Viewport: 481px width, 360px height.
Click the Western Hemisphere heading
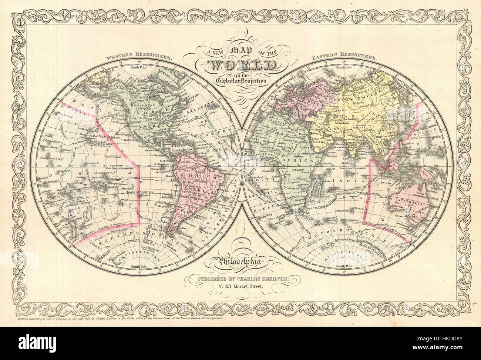[139, 58]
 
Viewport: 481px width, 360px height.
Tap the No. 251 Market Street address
[240, 286]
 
